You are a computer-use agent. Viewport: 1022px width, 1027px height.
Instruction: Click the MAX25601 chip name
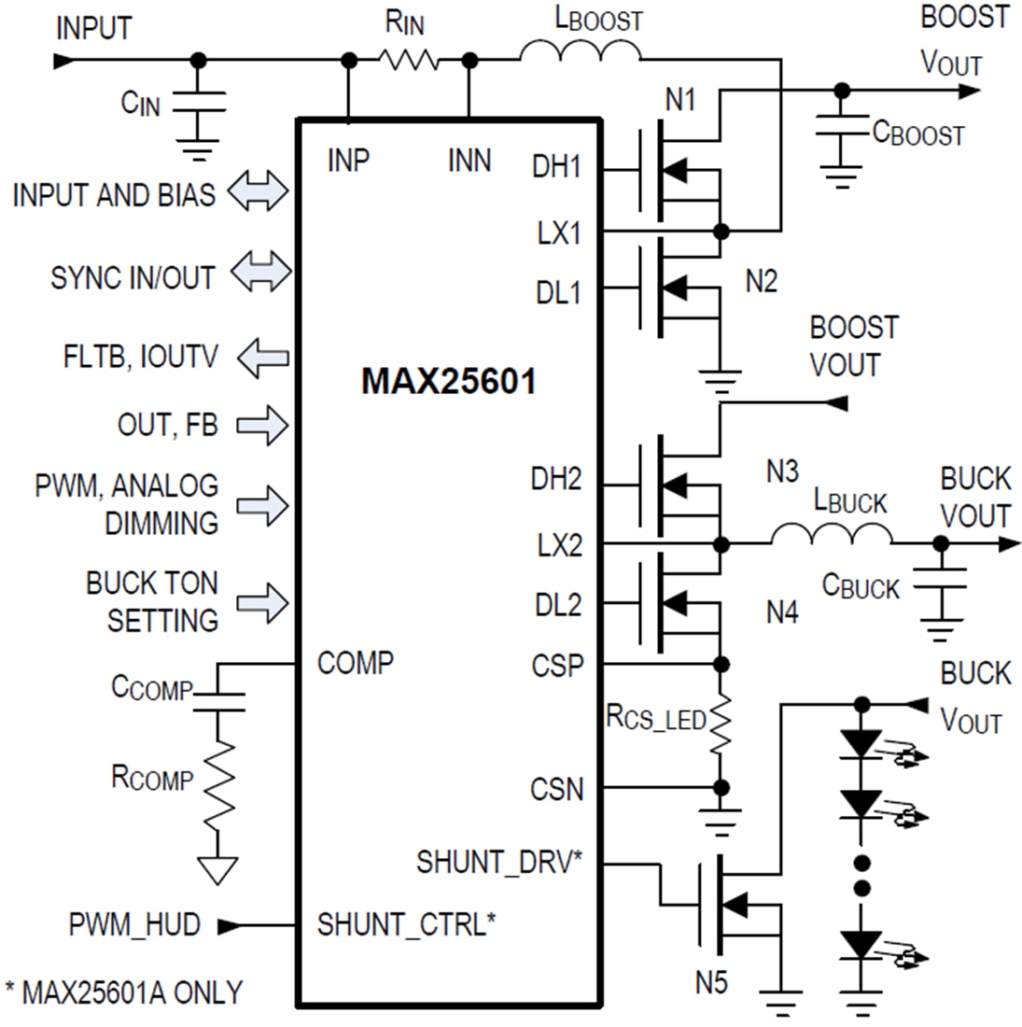pyautogui.click(x=448, y=381)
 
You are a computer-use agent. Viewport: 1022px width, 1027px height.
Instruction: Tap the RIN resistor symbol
pyautogui.click(x=409, y=61)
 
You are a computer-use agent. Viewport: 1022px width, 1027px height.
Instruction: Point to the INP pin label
pyautogui.click(x=348, y=161)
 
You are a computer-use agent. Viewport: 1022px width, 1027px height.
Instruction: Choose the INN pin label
pyautogui.click(x=469, y=161)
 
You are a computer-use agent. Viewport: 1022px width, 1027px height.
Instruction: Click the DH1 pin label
pyautogui.click(x=556, y=167)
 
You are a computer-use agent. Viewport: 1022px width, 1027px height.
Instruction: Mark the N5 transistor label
pyautogui.click(x=711, y=981)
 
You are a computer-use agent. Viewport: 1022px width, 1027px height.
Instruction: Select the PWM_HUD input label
pyautogui.click(x=134, y=925)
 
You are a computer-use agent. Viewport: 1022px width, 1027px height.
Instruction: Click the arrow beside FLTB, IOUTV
pyautogui.click(x=262, y=358)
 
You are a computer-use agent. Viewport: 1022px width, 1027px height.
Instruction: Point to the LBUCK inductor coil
pyautogui.click(x=831, y=536)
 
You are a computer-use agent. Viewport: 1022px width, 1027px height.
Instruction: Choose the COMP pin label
pyautogui.click(x=355, y=663)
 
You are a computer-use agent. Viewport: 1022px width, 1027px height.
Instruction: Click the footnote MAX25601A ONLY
pyautogui.click(x=123, y=992)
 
